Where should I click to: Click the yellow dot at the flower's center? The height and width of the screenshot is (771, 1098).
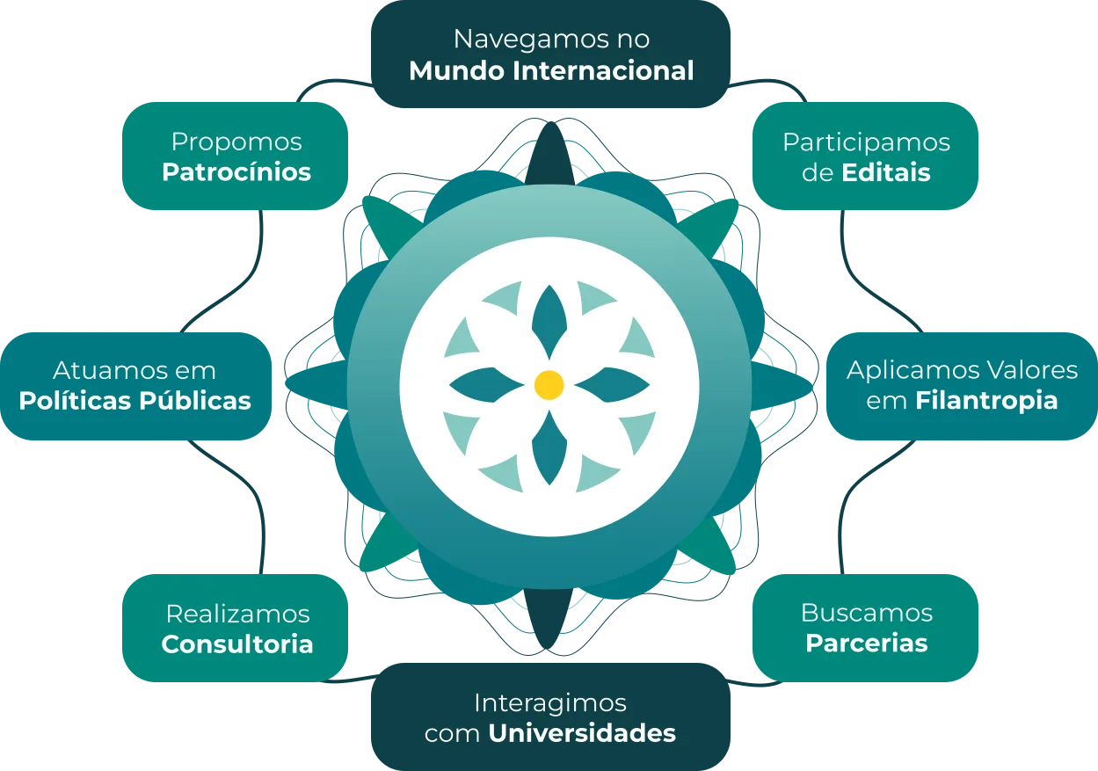pyautogui.click(x=549, y=385)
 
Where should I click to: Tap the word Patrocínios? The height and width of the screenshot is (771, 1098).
pyautogui.click(x=236, y=171)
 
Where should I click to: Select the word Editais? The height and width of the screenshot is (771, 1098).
pyautogui.click(x=886, y=171)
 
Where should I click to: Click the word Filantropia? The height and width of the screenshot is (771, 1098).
pyautogui.click(x=986, y=401)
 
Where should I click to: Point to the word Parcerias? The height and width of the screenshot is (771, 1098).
pyautogui.click(x=867, y=643)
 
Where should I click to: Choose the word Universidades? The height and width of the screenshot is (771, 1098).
pyautogui.click(x=582, y=733)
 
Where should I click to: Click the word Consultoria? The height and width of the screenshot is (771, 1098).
pyautogui.click(x=237, y=644)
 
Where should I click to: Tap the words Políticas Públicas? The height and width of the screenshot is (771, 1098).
pyautogui.click(x=135, y=401)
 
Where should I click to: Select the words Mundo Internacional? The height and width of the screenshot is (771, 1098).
pyautogui.click(x=551, y=70)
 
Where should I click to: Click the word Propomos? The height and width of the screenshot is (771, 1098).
pyautogui.click(x=236, y=142)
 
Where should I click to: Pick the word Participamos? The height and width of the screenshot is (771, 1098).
pyautogui.click(x=867, y=142)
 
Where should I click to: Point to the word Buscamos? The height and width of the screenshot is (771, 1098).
pyautogui.click(x=867, y=613)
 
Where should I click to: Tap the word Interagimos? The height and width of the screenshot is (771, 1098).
pyautogui.click(x=550, y=703)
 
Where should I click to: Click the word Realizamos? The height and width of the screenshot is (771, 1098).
pyautogui.click(x=237, y=614)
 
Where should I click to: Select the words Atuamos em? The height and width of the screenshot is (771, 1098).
pyautogui.click(x=135, y=370)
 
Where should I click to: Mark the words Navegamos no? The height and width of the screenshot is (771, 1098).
pyautogui.click(x=551, y=40)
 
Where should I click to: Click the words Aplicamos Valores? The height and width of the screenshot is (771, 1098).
pyautogui.click(x=963, y=370)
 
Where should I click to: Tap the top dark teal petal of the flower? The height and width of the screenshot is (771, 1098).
pyautogui.click(x=549, y=321)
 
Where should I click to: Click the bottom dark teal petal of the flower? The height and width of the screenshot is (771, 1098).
pyautogui.click(x=549, y=448)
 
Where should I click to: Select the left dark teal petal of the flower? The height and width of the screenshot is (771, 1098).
pyautogui.click(x=486, y=385)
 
